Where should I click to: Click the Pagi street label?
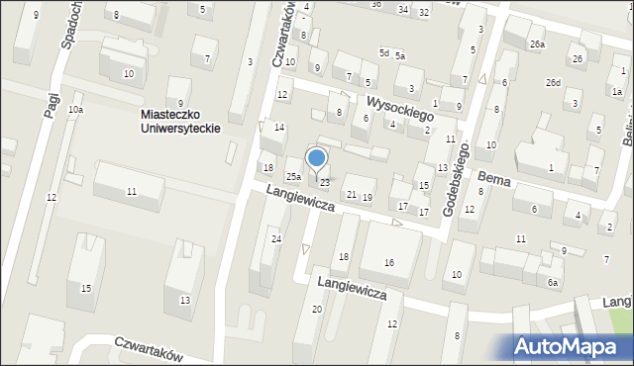coord(52,101)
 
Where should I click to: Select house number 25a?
coord(294,177)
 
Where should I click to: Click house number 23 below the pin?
coord(324,182)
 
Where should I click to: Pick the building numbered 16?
coord(389,261)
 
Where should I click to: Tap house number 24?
coord(276,239)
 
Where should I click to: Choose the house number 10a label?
coord(75,110)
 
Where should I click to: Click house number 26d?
coord(553,82)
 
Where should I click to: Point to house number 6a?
coord(553,283)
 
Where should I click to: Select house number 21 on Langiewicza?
coord(351,194)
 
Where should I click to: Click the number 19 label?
coord(368,198)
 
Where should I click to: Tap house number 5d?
coord(383,51)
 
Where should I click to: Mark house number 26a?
coord(536,45)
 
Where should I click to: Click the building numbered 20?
coord(317,309)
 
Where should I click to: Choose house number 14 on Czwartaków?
coord(279,128)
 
